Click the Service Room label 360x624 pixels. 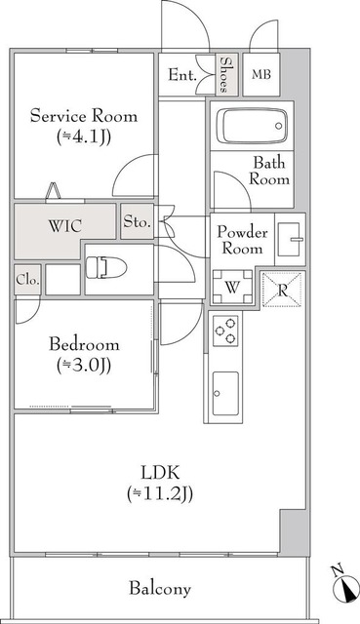coord(83,115)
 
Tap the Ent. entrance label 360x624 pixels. coord(182,75)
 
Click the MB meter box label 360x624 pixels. coord(262,75)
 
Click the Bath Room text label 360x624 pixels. coord(268,172)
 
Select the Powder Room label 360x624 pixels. coord(242,240)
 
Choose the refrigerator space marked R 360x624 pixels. coord(283,290)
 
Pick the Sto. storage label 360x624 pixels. coord(137,222)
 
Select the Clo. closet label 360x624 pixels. coord(27,280)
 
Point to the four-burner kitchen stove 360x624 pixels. coord(226,331)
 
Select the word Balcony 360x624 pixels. coord(159,589)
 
